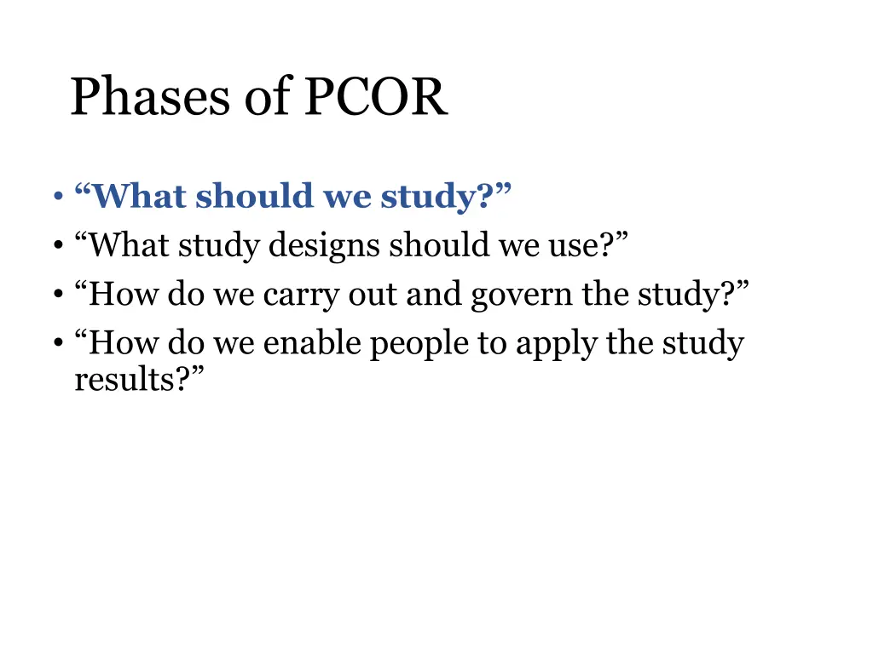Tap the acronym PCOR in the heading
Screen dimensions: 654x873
click(x=374, y=98)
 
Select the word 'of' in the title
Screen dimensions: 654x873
click(x=268, y=98)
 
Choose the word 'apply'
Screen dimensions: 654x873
click(x=555, y=345)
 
